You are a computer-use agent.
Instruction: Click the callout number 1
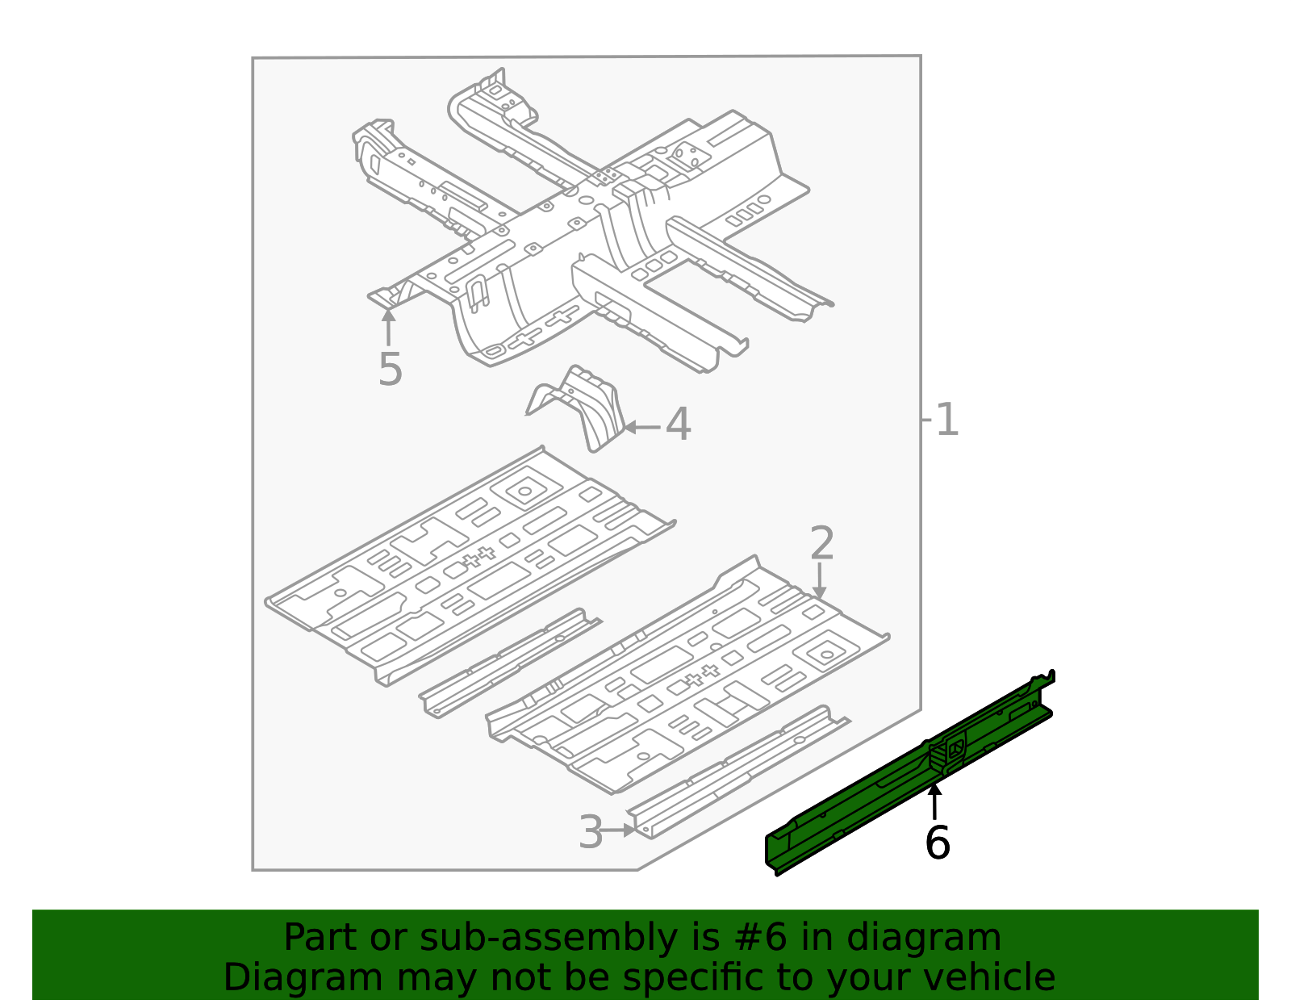tap(946, 420)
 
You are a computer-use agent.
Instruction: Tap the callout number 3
tap(591, 832)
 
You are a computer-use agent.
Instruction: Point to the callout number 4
tap(678, 425)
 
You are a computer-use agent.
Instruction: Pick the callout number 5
tap(390, 370)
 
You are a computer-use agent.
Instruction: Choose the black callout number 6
tap(937, 843)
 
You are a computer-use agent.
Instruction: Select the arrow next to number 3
tap(620, 830)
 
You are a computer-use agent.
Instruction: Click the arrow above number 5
tap(389, 327)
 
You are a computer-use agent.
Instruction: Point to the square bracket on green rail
tap(955, 748)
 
